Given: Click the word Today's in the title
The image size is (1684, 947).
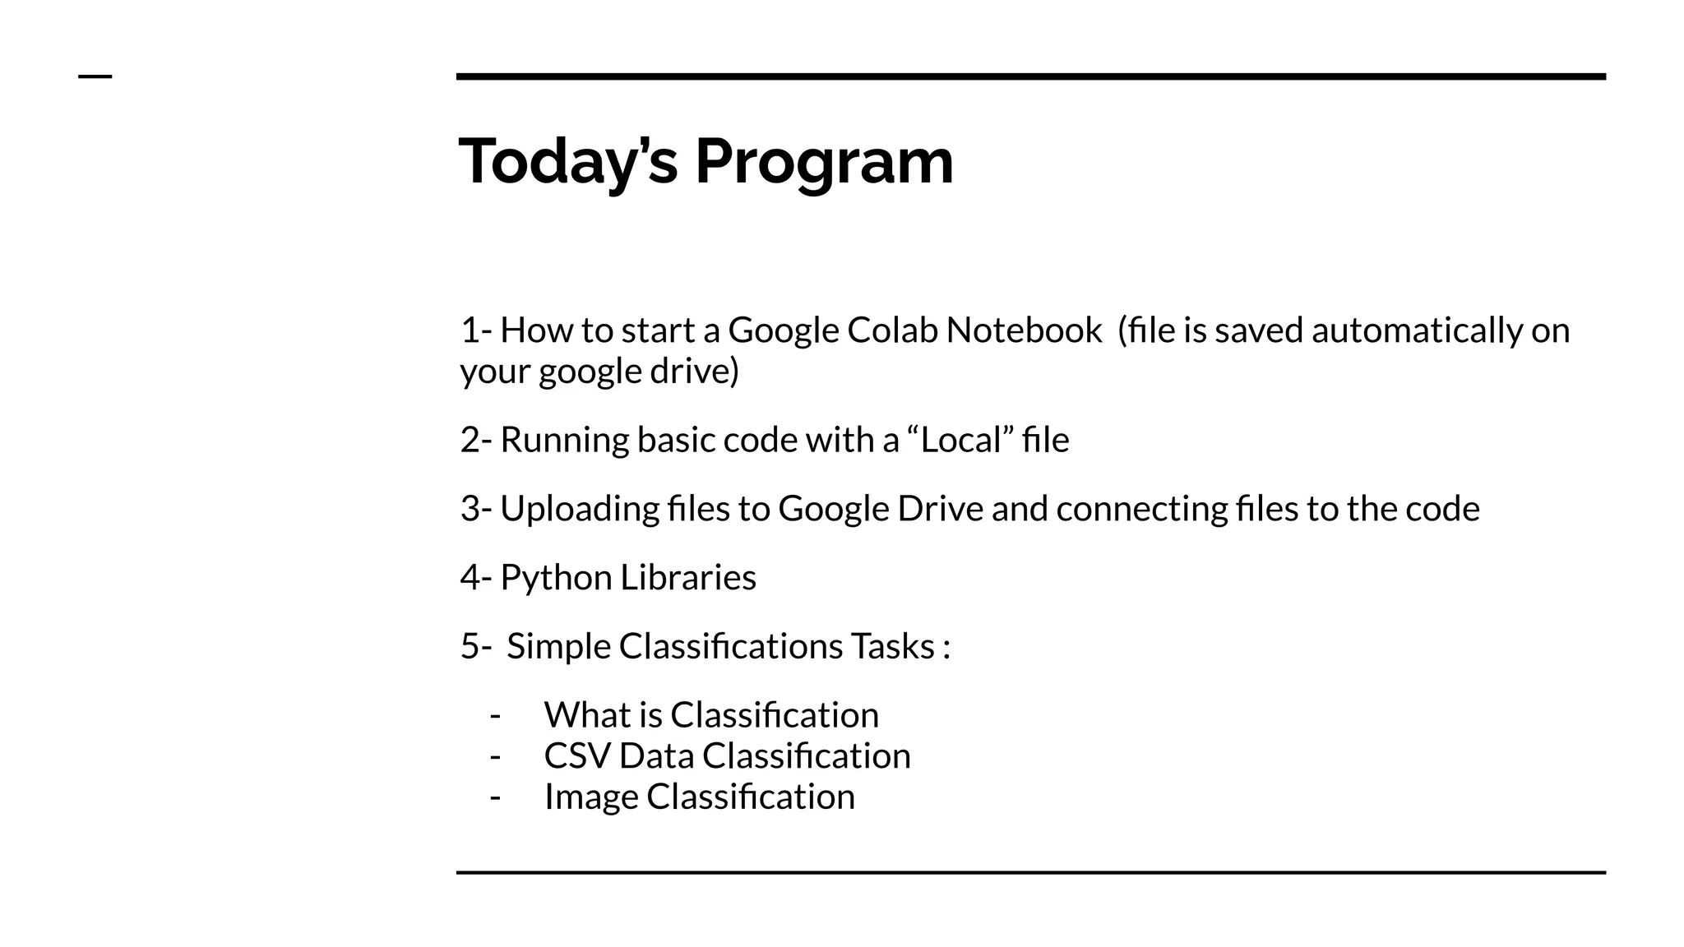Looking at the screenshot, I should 567,162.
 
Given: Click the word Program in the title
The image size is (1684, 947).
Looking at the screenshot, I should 824,162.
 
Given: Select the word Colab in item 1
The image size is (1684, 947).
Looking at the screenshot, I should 892,330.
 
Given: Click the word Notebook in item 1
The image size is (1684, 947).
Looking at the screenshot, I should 1024,330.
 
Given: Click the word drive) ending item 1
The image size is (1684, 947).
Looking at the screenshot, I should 695,372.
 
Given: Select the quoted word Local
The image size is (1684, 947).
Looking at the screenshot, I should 960,441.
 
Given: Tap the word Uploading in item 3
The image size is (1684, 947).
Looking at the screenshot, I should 579,509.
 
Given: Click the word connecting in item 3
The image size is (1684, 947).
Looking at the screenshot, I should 1141,509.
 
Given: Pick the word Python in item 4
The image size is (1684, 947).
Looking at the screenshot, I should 556,578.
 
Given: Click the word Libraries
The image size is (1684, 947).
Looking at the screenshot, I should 687,578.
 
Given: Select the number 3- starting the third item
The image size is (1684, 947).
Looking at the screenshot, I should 475,509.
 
